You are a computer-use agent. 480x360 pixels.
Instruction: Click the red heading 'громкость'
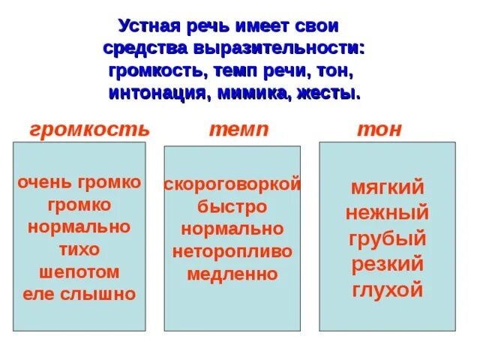click(89, 129)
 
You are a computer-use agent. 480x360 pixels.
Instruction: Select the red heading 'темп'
click(238, 129)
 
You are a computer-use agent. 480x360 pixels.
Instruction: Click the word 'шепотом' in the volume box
click(79, 271)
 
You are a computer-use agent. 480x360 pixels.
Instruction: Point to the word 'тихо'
click(79, 249)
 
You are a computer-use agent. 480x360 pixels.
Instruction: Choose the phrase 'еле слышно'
click(79, 294)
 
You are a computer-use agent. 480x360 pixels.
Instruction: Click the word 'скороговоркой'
click(232, 184)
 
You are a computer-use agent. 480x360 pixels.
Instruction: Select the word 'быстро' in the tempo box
click(232, 206)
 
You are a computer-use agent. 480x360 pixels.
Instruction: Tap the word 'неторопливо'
click(232, 251)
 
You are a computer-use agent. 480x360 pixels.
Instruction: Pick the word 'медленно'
click(232, 274)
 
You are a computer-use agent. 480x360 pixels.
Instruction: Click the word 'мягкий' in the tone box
click(387, 187)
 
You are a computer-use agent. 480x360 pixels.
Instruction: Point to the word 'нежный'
click(387, 213)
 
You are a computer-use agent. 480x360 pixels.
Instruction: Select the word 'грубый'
click(387, 239)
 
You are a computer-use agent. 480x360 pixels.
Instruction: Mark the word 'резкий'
click(387, 265)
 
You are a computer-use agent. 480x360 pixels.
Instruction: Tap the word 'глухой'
click(387, 290)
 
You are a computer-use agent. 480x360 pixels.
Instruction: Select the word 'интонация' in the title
click(152, 95)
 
